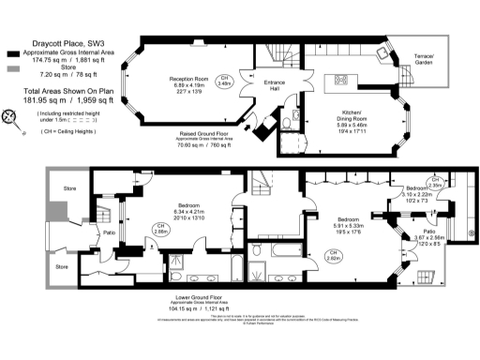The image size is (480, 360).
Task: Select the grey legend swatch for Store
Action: click(x=11, y=68)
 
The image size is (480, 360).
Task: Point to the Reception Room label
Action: click(x=187, y=78)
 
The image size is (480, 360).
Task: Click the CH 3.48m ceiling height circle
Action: click(x=224, y=82)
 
